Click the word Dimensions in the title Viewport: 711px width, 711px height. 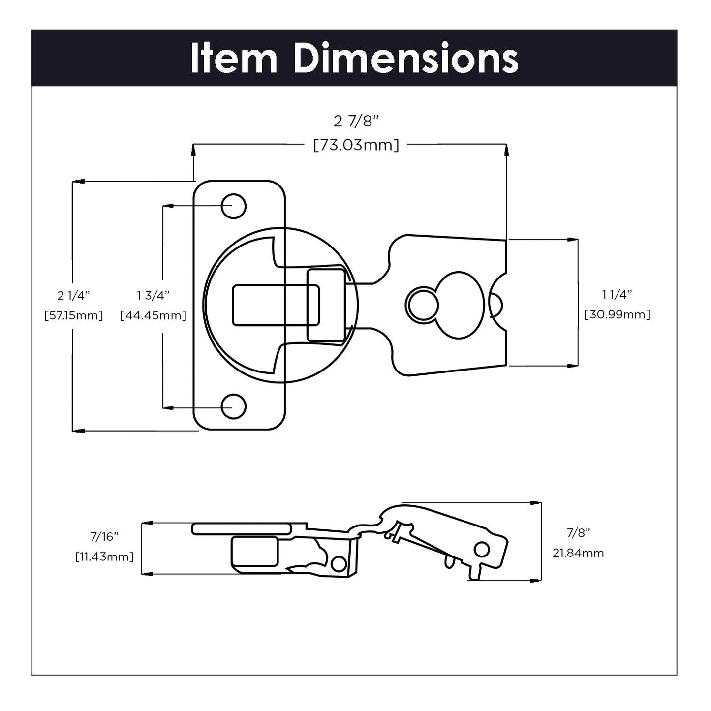(406, 59)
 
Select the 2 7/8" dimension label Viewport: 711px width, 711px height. (357, 121)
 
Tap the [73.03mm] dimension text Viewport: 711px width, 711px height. (356, 145)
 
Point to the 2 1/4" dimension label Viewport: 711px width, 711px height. (74, 295)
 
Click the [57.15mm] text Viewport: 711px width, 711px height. (74, 315)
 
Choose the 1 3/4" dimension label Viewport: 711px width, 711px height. (153, 295)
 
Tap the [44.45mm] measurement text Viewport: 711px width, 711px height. (153, 315)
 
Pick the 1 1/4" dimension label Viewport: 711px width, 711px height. (617, 295)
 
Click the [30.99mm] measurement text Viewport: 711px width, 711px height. (617, 314)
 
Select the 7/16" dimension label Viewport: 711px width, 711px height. (105, 536)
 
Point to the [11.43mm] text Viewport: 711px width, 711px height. (105, 556)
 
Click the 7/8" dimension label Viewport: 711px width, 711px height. (578, 532)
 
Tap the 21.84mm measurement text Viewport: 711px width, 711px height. (578, 553)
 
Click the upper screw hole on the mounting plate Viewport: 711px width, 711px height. (233, 206)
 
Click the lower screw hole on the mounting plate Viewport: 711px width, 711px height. (233, 406)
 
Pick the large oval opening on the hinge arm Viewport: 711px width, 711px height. (459, 305)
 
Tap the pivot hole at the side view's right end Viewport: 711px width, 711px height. (482, 549)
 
